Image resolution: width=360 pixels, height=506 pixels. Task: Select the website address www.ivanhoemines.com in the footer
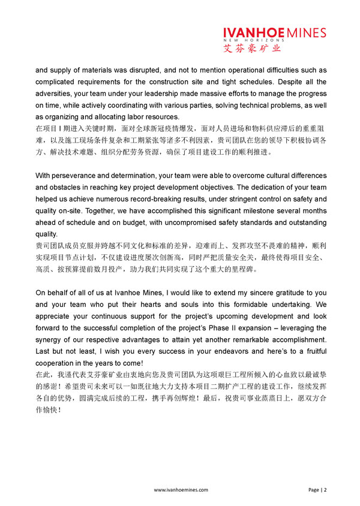[181, 490]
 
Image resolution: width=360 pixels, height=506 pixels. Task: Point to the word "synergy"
[52, 340]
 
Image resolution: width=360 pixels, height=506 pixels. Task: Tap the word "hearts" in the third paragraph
[151, 305]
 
